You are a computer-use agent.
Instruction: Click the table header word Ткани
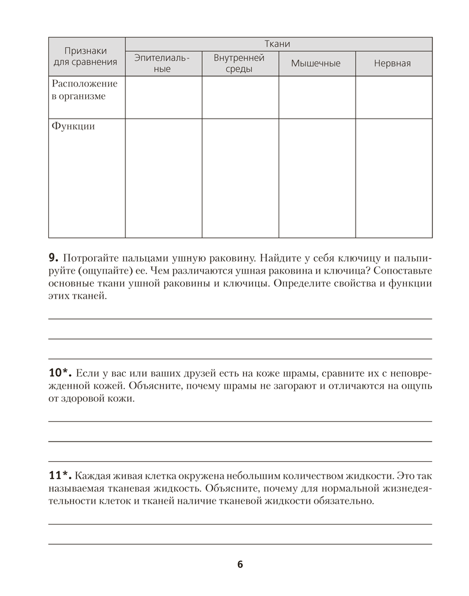[x=278, y=44]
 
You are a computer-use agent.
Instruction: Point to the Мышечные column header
[x=316, y=63]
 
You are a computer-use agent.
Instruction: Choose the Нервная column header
[x=392, y=63]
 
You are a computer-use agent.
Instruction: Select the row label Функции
[x=73, y=126]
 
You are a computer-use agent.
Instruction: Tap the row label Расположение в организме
[x=84, y=90]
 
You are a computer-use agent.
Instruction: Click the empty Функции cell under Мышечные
[x=317, y=178]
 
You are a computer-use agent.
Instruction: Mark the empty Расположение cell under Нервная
[x=393, y=97]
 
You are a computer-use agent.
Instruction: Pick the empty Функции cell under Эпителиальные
[x=163, y=178]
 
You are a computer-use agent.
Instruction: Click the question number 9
[x=52, y=258]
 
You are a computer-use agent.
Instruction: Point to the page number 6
[x=240, y=564]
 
